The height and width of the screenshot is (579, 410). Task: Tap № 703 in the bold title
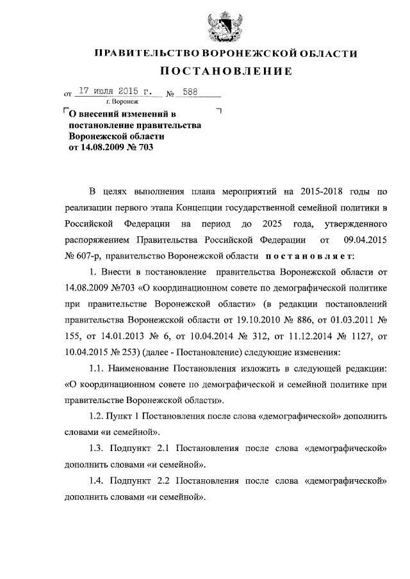[x=140, y=147]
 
